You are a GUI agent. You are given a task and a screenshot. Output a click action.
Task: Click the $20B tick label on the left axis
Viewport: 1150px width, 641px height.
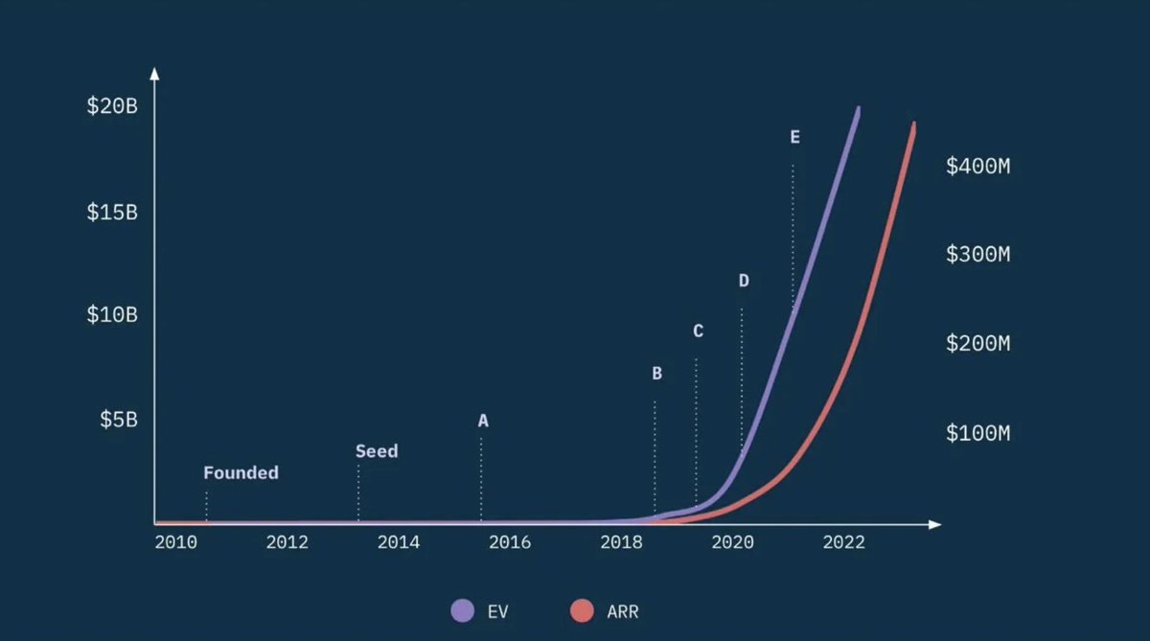[112, 106]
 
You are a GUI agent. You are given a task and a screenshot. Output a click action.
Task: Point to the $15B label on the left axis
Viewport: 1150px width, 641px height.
[112, 212]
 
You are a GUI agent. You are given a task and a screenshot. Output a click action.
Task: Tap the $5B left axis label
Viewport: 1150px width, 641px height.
[119, 420]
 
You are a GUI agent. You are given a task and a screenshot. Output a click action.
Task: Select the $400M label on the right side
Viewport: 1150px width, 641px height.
[977, 167]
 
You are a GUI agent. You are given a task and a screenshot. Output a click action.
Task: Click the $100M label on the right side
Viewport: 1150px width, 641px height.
[977, 433]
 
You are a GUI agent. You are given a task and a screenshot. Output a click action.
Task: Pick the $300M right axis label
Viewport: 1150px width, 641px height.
[977, 255]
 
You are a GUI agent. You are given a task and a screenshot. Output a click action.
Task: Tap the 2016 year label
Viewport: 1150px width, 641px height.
[510, 543]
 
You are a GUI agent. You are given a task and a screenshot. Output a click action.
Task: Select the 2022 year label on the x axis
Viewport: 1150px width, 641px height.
[844, 543]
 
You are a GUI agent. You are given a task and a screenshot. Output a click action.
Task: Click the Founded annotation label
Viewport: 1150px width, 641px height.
[241, 473]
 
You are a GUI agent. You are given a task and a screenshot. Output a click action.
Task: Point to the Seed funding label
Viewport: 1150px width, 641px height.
[377, 451]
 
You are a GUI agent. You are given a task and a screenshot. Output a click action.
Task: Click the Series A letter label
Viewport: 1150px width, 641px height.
[483, 421]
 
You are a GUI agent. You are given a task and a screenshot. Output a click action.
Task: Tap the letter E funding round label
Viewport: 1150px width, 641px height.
[794, 137]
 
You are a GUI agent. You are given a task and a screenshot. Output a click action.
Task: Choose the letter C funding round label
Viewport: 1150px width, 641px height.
[698, 332]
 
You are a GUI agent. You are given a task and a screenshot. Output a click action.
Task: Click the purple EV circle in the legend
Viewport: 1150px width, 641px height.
[463, 610]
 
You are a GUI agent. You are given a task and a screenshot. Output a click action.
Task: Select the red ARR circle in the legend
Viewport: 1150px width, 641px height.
[582, 610]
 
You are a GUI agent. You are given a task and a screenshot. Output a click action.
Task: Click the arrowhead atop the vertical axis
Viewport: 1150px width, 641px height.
[155, 73]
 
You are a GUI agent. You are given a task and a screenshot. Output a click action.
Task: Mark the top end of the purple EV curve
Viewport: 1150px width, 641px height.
[858, 109]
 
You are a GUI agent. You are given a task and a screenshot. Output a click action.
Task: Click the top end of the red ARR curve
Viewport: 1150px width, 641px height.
[914, 125]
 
